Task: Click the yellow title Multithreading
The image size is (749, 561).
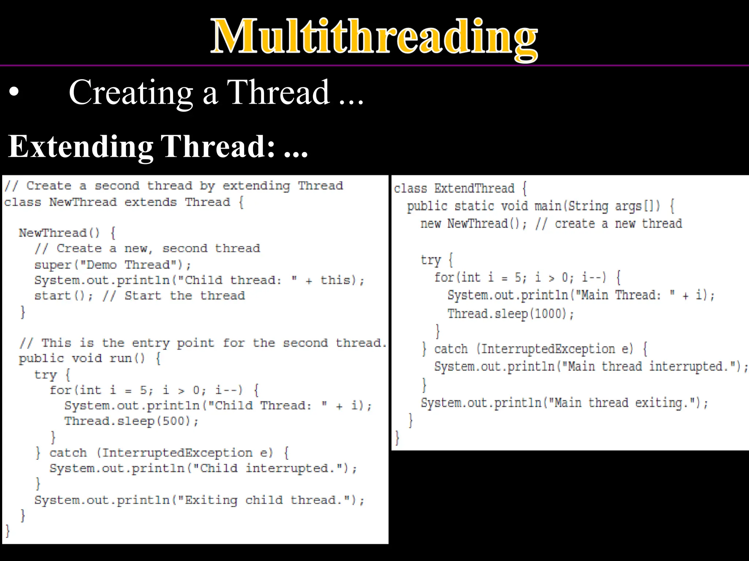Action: [x=374, y=37]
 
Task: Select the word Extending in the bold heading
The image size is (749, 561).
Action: [x=80, y=147]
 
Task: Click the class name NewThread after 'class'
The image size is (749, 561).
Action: [x=83, y=202]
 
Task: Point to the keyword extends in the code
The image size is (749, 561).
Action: [x=150, y=202]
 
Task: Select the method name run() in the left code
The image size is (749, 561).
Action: [x=127, y=358]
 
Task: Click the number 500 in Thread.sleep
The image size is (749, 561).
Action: [x=175, y=421]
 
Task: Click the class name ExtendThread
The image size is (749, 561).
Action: [x=474, y=188]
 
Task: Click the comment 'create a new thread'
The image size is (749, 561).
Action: [x=618, y=224]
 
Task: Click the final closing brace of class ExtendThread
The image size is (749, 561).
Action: [x=397, y=437]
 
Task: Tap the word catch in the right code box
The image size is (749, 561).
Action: [x=451, y=349]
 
